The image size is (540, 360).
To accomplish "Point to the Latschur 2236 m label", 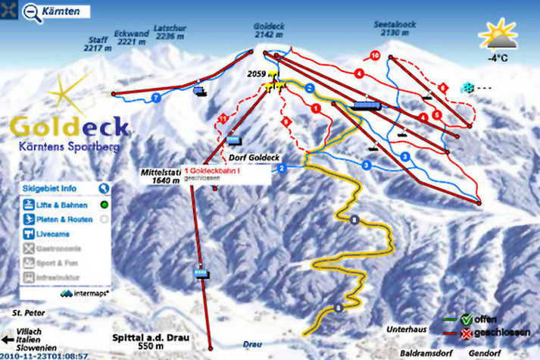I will (169, 31).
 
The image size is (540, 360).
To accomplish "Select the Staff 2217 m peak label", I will (98, 44).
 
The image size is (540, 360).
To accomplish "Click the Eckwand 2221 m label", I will (130, 38).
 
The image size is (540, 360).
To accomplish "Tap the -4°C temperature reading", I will (498, 57).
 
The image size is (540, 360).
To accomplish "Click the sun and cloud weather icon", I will (498, 33).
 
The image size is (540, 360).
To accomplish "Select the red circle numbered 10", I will (375, 55).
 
